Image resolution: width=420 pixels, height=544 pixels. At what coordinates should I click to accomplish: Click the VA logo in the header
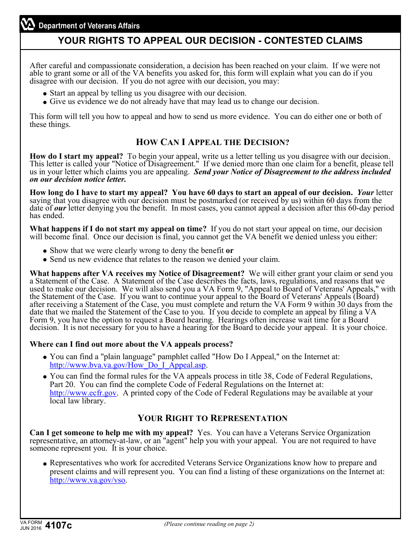coord(28,25)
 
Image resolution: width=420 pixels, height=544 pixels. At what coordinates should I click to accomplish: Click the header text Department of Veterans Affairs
coord(89,26)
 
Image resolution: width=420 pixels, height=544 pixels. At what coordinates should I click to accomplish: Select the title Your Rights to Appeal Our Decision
coord(210,41)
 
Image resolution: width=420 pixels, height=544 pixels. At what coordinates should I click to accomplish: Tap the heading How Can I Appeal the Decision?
coord(212,142)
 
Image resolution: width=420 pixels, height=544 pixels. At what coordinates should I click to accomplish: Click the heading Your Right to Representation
coord(212,418)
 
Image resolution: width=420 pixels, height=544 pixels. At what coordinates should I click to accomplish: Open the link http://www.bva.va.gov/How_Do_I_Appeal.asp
coord(128,365)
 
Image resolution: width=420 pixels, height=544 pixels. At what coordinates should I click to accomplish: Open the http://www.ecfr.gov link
coord(83,393)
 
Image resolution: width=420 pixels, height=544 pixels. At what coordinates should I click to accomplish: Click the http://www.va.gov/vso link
coord(88,480)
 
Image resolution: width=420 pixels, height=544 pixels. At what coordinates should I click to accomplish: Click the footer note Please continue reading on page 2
coord(209,524)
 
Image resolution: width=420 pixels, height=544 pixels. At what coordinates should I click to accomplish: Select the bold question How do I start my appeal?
coord(76,156)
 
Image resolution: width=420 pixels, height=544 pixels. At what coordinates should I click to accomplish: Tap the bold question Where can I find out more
coord(131,344)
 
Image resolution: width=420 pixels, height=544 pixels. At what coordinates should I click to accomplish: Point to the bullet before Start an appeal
coord(45,94)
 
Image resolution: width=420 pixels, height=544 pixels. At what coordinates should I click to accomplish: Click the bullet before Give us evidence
coord(45,102)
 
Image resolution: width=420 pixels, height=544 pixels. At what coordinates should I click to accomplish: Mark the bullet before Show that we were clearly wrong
coord(45,251)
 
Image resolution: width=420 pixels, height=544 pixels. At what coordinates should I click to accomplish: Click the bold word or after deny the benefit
coord(229,250)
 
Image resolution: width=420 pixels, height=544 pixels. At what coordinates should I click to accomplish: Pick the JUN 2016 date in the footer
coord(31,529)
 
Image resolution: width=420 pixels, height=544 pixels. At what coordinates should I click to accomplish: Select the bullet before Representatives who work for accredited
coord(45,464)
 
